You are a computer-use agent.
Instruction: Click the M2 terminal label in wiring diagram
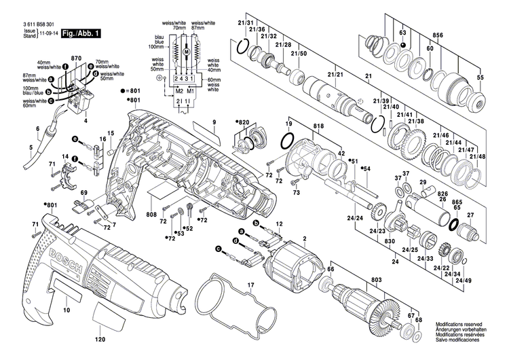pyautogui.click(x=179, y=91)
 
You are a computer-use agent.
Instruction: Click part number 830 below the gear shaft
pyautogui.click(x=390, y=242)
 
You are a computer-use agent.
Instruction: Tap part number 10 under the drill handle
pyautogui.click(x=67, y=310)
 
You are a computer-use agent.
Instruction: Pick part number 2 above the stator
pyautogui.click(x=305, y=238)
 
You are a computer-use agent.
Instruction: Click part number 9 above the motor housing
pyautogui.click(x=212, y=122)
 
